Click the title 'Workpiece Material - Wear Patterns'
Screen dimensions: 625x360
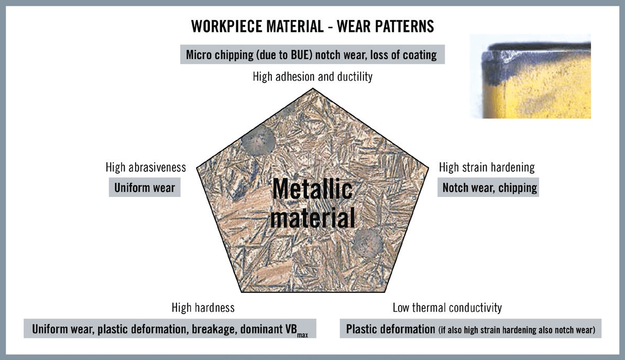[312, 26]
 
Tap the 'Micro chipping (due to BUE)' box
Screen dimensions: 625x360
[312, 54]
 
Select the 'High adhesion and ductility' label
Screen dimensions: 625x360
[312, 77]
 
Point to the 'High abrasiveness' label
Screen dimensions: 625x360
[146, 167]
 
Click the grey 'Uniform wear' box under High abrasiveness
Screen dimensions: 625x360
[145, 188]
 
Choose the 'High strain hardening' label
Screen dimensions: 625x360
[487, 168]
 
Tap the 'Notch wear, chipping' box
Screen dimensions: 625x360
[488, 188]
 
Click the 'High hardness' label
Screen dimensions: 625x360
[203, 308]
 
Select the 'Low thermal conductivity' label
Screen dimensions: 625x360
[447, 308]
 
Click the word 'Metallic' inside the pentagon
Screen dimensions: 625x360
[312, 189]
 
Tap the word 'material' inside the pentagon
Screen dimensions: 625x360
[312, 218]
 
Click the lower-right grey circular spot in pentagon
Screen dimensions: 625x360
[367, 243]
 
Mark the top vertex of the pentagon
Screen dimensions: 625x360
[313, 88]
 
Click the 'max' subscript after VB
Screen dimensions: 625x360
[302, 335]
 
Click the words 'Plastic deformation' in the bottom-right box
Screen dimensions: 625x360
[391, 329]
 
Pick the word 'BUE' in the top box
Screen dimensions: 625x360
[301, 54]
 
